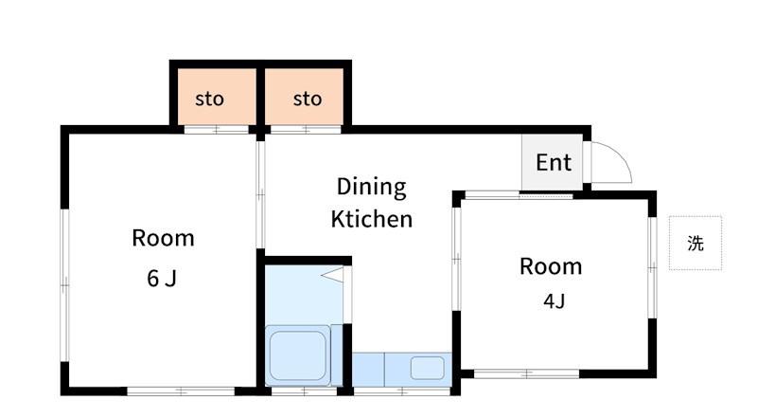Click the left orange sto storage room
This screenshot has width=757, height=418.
(x=217, y=97)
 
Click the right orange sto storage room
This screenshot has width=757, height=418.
(x=304, y=97)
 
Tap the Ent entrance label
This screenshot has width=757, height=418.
(x=554, y=163)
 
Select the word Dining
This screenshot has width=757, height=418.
(x=371, y=188)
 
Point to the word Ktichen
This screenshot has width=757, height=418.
(x=372, y=219)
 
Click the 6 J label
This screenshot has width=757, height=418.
(x=162, y=278)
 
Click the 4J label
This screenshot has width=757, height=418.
(x=554, y=300)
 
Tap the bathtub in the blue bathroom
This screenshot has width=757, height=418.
(x=297, y=355)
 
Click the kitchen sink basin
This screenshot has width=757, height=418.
(x=428, y=368)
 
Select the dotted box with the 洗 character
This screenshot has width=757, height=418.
(x=695, y=243)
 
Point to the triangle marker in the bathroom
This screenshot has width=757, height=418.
(x=333, y=275)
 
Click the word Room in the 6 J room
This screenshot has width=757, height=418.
(x=163, y=238)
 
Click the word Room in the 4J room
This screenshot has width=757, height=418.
(x=551, y=266)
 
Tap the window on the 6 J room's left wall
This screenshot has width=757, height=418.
(x=64, y=285)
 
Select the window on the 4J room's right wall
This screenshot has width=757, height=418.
(x=652, y=267)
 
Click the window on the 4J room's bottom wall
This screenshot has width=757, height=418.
(x=527, y=374)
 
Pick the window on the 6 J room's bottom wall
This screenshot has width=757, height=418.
(x=181, y=391)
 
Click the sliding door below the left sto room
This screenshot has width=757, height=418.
(x=217, y=130)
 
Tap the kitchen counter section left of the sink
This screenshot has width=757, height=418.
(x=368, y=370)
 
